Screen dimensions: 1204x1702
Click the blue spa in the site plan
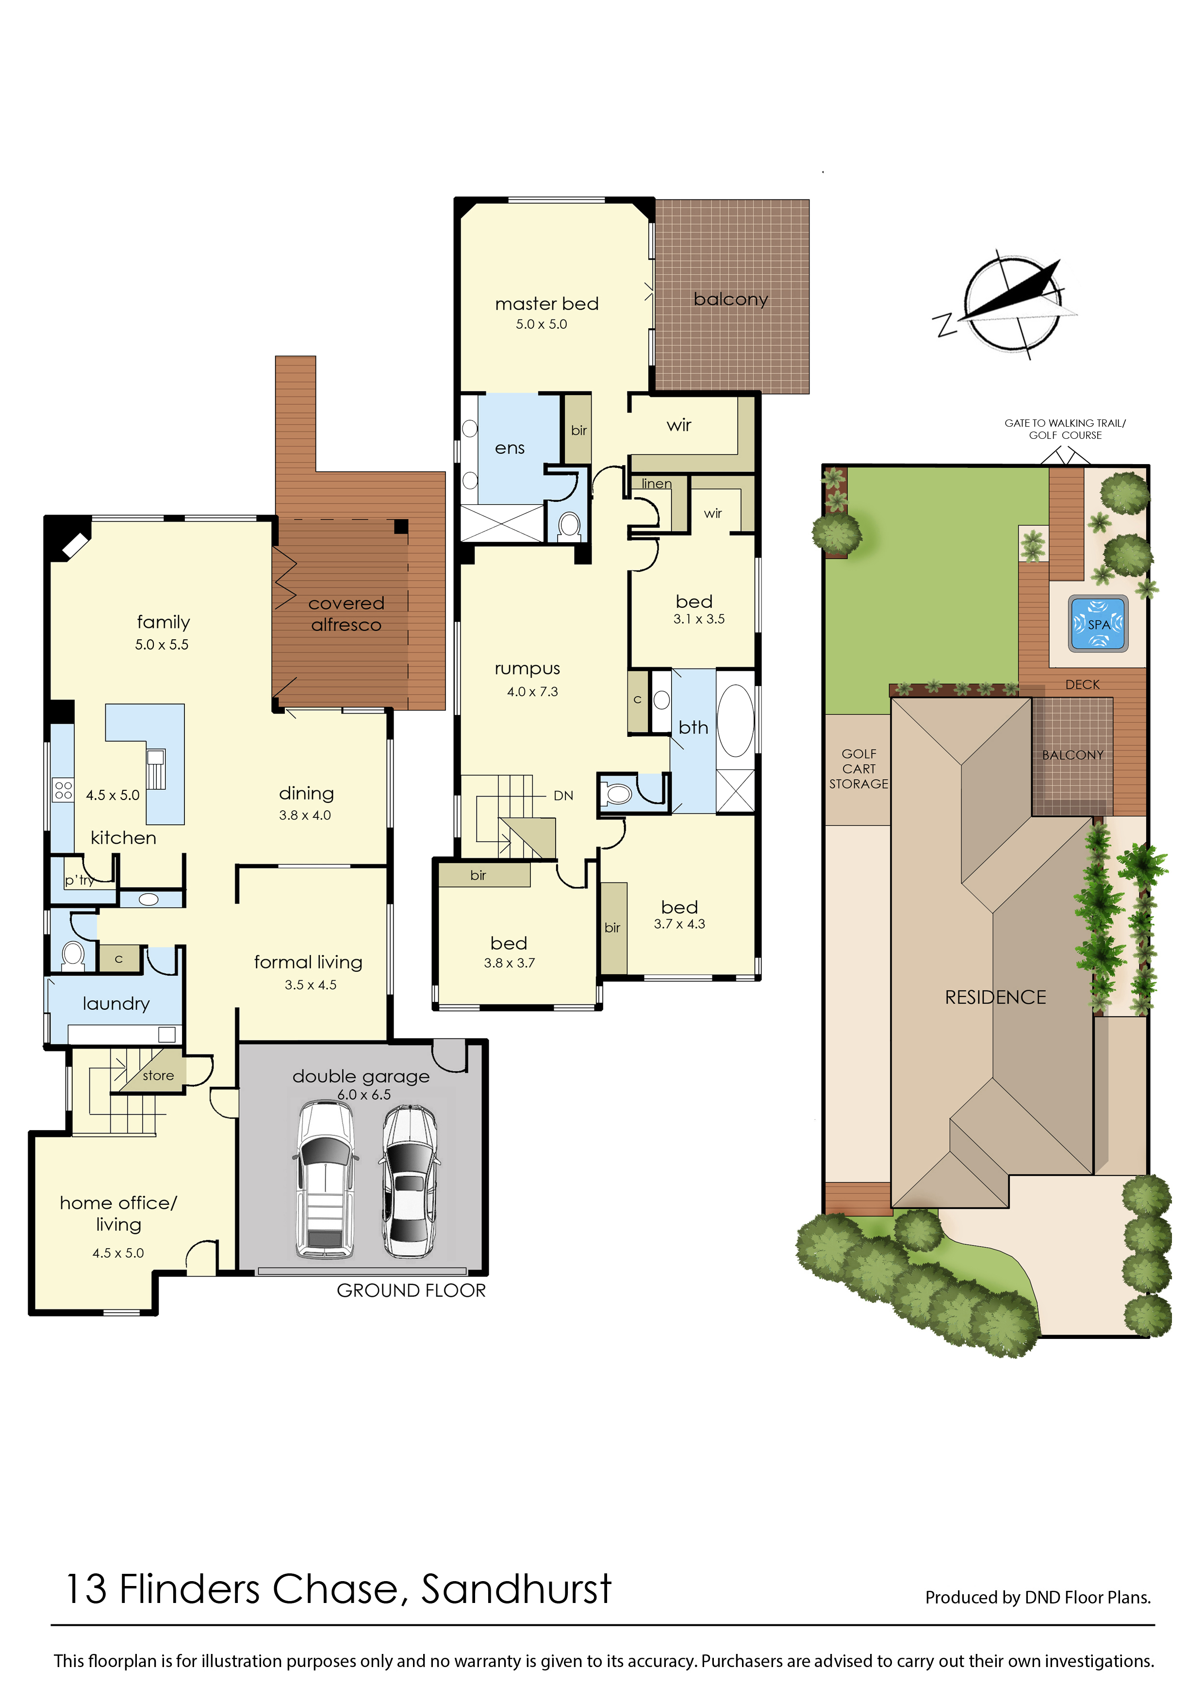coord(1098,624)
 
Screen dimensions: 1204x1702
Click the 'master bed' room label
coord(546,303)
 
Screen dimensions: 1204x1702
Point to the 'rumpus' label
coord(527,669)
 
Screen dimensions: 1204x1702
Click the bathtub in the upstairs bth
coord(735,720)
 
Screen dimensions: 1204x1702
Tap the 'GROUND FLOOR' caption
coord(411,1290)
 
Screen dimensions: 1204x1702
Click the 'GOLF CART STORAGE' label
coord(858,768)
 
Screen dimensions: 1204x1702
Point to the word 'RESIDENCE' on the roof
coord(995,998)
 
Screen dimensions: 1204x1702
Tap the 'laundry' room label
coord(115,1003)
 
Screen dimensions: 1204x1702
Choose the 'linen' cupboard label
coord(656,484)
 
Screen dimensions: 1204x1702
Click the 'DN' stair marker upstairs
coord(563,795)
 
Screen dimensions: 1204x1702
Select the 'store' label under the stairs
coord(158,1075)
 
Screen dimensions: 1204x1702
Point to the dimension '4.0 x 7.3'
coord(532,692)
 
